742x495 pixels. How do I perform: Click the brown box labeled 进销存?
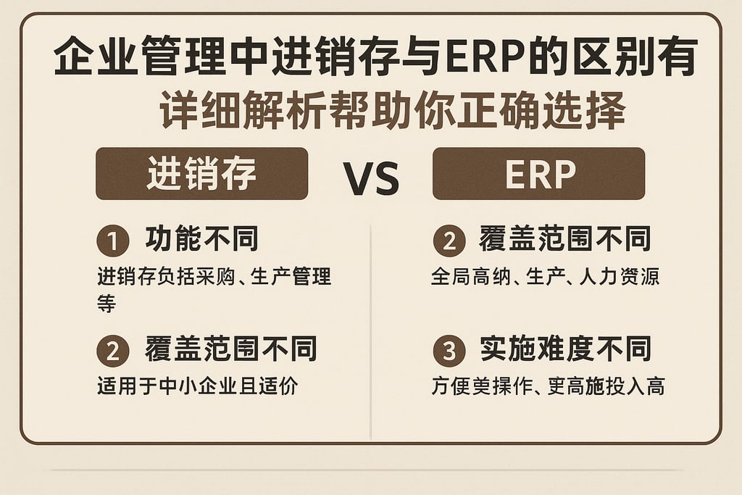coord(201,174)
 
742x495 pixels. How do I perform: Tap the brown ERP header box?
coord(538,174)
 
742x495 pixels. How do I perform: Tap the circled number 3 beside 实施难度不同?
coord(449,352)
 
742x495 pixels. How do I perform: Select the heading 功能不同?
coord(201,239)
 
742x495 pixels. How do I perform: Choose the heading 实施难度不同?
coord(565,349)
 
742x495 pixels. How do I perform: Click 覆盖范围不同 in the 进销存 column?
coord(230,349)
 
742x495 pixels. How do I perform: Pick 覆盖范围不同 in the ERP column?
coord(565,239)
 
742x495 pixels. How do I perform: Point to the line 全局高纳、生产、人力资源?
coord(545,277)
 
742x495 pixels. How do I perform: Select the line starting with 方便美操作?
coord(547,386)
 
